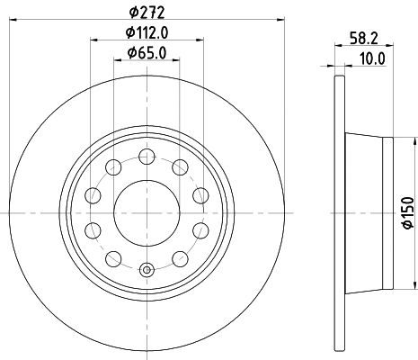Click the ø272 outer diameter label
click(x=146, y=12)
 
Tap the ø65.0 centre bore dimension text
click(x=147, y=54)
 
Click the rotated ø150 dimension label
click(x=405, y=210)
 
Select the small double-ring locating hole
click(x=146, y=268)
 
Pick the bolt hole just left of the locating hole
click(x=112, y=258)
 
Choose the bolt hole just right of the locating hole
click(x=179, y=258)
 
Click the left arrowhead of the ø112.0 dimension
click(x=93, y=44)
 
